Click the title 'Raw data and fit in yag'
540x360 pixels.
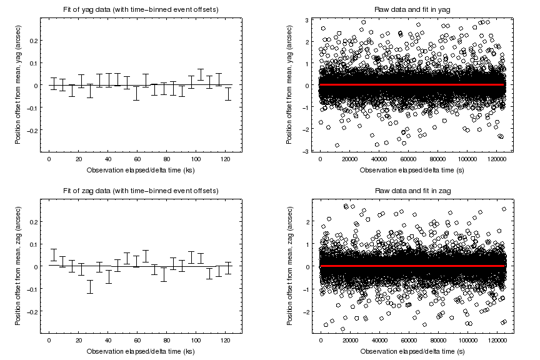[x=411, y=9]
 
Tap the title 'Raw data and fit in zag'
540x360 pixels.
[x=411, y=190]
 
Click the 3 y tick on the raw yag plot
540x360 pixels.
[x=307, y=20]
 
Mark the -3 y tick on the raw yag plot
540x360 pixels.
[x=306, y=151]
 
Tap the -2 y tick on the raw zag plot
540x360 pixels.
[x=306, y=311]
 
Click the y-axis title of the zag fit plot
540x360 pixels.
[x=18, y=266]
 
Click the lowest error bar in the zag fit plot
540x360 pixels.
[x=90, y=286]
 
